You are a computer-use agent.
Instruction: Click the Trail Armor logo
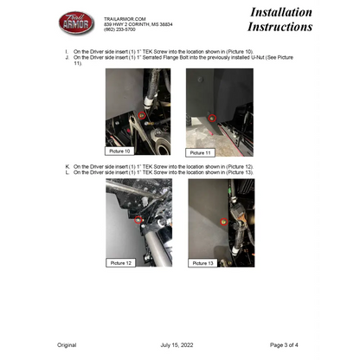click(76, 22)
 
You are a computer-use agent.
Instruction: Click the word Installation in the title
click(281, 12)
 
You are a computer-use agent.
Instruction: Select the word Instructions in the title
click(280, 28)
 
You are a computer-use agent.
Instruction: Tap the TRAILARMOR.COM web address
click(125, 17)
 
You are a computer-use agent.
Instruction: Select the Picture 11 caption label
click(202, 151)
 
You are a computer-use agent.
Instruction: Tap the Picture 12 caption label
click(122, 261)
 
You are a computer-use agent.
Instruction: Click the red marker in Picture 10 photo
click(141, 114)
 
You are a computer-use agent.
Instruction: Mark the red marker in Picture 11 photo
click(212, 117)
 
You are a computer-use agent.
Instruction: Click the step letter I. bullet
click(67, 52)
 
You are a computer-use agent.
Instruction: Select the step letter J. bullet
click(67, 58)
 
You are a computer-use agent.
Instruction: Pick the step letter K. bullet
click(67, 166)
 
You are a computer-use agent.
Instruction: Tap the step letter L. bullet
click(67, 172)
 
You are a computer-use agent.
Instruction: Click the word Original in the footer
click(67, 344)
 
